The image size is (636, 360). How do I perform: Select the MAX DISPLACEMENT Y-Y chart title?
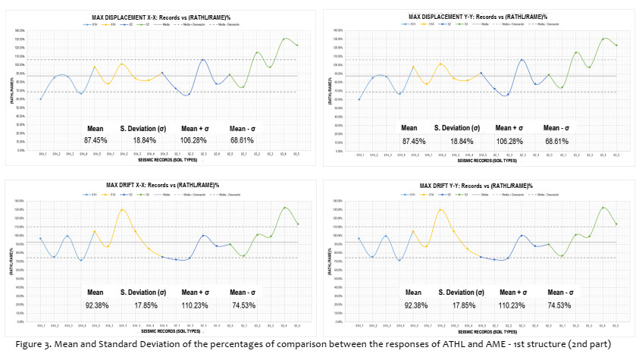pyautogui.click(x=472, y=15)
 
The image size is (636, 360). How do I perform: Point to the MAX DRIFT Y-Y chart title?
pyautogui.click(x=472, y=185)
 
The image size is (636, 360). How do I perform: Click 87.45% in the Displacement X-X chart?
pyautogui.click(x=96, y=141)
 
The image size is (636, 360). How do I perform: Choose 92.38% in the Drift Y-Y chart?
pyautogui.click(x=413, y=305)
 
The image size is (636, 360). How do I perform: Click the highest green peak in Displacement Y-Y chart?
pyautogui.click(x=605, y=38)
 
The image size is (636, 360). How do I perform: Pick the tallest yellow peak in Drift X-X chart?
pyautogui.click(x=122, y=209)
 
